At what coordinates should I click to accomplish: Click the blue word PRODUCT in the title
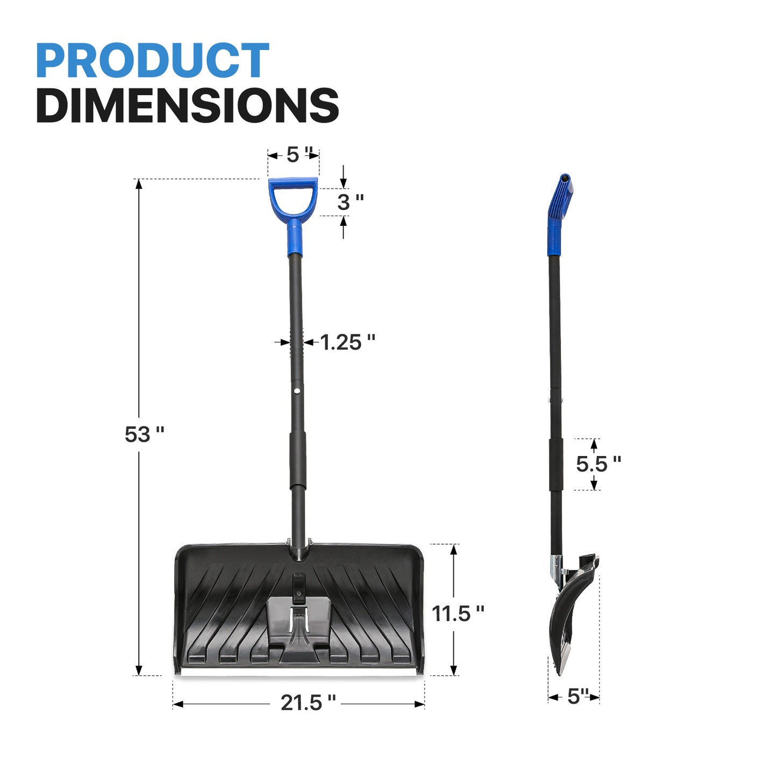point(153,60)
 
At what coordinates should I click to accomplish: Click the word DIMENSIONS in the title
point(188,105)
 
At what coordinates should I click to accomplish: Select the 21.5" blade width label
point(308,702)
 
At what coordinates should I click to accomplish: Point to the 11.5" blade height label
point(458,614)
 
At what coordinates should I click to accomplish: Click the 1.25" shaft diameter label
point(347,343)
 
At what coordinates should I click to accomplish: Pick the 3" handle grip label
point(351,202)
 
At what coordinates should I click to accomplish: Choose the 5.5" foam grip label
point(598,464)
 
